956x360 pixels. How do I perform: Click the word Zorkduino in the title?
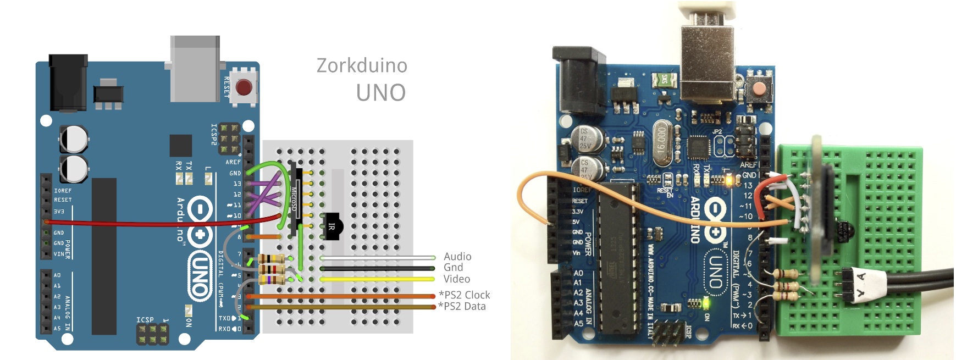362,66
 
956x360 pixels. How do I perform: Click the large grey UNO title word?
380,93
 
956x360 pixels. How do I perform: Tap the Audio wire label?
457,257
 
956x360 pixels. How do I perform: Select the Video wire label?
456,279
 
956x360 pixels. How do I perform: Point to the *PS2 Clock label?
464,295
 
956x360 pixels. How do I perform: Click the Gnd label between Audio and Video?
453,268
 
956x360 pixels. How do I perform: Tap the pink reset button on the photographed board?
759,87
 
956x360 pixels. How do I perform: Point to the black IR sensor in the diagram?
332,226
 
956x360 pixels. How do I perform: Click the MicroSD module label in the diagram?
294,199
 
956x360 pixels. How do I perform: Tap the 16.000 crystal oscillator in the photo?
661,141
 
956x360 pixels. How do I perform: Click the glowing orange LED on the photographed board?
730,179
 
